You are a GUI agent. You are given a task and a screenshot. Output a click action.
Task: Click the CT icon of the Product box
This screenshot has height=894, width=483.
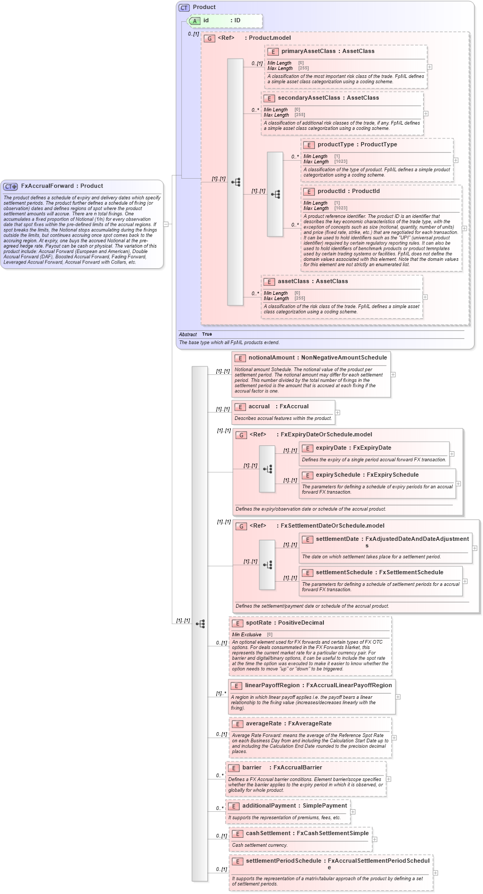184,7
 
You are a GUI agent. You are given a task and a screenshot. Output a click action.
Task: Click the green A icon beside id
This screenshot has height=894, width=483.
195,21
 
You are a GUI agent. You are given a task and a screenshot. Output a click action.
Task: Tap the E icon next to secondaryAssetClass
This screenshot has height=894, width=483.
269,98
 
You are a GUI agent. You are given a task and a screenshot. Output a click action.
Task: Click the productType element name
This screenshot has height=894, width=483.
336,145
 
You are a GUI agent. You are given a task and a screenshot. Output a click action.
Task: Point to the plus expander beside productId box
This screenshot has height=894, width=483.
464,229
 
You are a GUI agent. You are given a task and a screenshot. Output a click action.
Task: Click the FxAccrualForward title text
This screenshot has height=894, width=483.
47,186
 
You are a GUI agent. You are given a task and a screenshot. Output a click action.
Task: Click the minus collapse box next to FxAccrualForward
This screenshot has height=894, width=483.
166,224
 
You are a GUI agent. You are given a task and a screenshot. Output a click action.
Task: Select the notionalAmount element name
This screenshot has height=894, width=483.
271,358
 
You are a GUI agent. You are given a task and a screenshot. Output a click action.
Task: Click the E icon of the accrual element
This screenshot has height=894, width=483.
240,407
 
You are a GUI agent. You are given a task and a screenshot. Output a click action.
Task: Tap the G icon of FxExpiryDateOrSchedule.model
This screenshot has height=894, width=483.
241,435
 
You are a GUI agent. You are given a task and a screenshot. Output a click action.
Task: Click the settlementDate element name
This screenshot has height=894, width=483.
337,539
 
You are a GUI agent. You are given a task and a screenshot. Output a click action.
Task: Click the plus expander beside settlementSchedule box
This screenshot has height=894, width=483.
465,581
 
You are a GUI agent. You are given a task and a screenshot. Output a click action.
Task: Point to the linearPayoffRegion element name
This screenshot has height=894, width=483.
272,686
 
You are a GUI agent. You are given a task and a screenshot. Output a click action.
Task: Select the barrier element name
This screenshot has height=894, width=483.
252,768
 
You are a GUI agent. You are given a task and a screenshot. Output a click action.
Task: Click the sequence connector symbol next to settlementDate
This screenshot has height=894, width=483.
267,565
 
